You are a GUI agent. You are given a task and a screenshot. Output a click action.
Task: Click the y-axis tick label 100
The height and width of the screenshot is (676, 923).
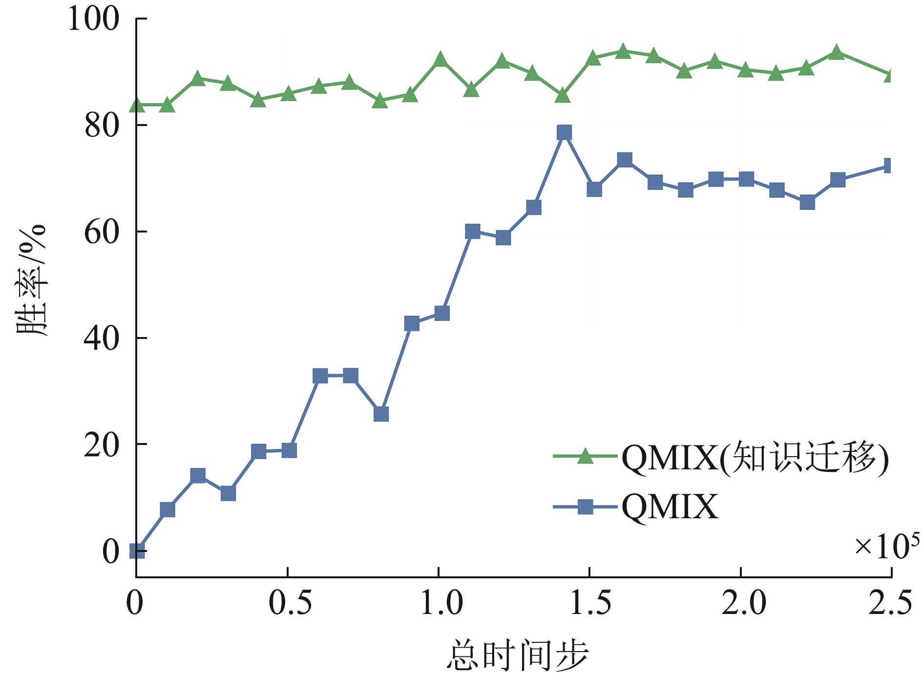coord(93,20)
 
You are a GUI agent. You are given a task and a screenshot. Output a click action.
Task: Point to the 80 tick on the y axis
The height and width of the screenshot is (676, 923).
coord(102,126)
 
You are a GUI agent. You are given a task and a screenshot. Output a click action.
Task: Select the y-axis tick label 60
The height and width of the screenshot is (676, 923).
coord(102,232)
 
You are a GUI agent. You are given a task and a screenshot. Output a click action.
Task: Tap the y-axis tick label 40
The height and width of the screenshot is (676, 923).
coord(102,339)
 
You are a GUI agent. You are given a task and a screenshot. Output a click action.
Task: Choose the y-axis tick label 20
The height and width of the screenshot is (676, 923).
coord(102,445)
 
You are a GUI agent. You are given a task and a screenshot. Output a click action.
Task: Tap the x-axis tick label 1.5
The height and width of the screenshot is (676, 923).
coord(590,603)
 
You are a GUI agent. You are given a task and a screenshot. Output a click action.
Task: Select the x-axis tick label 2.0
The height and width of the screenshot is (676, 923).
coord(743,603)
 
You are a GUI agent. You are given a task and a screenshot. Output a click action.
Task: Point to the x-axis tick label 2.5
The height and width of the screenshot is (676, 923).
coord(890,603)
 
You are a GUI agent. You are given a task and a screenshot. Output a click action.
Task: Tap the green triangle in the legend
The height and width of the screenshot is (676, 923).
coord(585,456)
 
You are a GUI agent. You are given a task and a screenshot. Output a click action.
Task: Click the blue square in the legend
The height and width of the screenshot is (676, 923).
coord(585,507)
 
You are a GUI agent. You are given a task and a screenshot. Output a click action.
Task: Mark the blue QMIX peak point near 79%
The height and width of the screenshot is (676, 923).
coord(564,132)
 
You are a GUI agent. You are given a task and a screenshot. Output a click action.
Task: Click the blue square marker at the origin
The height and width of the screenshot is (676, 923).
coord(137,551)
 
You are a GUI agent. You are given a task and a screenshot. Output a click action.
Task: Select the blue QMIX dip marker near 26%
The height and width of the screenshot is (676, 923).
coord(381,414)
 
